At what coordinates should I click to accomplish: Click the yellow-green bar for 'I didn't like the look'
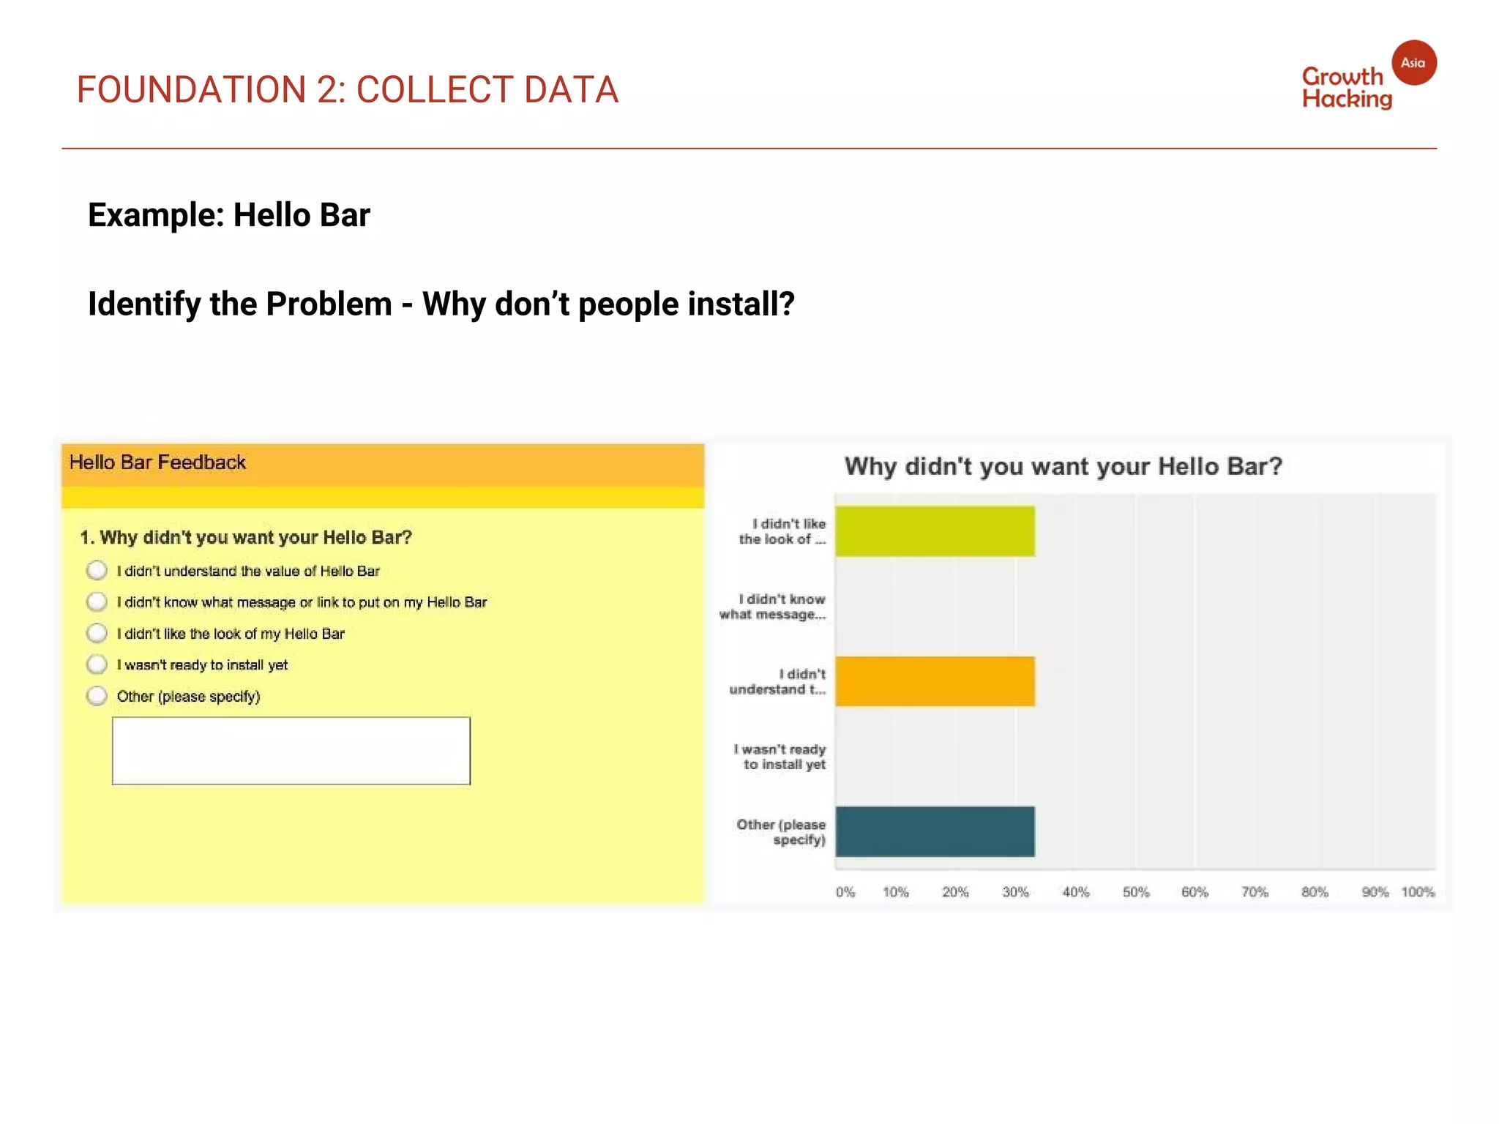pyautogui.click(x=935, y=531)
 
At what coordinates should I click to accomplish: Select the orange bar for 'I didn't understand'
pyautogui.click(x=935, y=681)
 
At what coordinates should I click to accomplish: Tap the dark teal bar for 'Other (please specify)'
pyautogui.click(x=935, y=831)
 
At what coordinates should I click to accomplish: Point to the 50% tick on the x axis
pyautogui.click(x=1135, y=892)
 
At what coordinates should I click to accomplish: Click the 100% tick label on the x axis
pyautogui.click(x=1418, y=892)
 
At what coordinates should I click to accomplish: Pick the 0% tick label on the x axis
pyautogui.click(x=845, y=892)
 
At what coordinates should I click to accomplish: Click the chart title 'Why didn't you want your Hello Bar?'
pyautogui.click(x=1063, y=467)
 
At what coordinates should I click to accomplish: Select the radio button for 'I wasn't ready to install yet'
pyautogui.click(x=97, y=664)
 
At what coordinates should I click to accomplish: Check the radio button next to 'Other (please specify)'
pyautogui.click(x=97, y=696)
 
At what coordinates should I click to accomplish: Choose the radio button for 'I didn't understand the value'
pyautogui.click(x=97, y=571)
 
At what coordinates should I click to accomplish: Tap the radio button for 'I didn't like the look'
pyautogui.click(x=97, y=633)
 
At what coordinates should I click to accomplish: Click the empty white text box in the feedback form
pyautogui.click(x=291, y=751)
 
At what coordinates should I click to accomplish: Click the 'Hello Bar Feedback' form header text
pyautogui.click(x=157, y=462)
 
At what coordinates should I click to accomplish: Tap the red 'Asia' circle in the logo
pyautogui.click(x=1413, y=63)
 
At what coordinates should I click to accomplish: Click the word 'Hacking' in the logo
pyautogui.click(x=1347, y=99)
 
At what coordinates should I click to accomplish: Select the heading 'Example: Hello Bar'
pyautogui.click(x=229, y=215)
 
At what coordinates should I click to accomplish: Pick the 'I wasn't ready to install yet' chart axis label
pyautogui.click(x=781, y=757)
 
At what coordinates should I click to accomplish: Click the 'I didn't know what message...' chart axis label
pyautogui.click(x=774, y=607)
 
